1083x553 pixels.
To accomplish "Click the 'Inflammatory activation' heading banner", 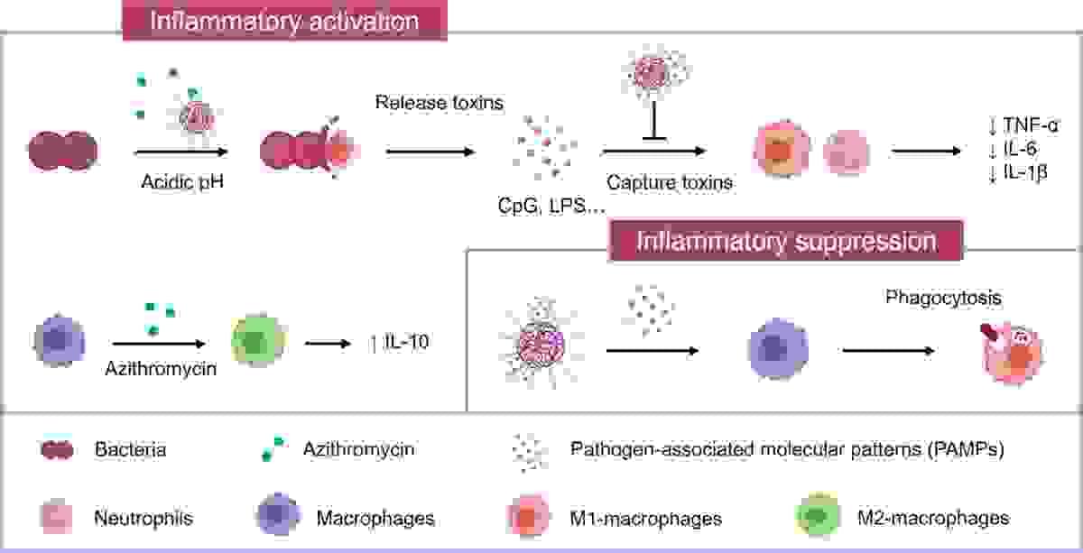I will pyautogui.click(x=285, y=20).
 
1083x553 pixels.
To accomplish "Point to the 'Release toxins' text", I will pyautogui.click(x=439, y=102).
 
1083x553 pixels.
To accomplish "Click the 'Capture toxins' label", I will pyautogui.click(x=670, y=181).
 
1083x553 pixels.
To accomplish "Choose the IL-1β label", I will pyautogui.click(x=1027, y=173).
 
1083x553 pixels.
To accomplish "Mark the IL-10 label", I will pyautogui.click(x=408, y=344).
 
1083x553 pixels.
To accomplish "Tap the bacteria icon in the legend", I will pyautogui.click(x=56, y=449).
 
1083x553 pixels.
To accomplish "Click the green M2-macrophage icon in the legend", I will pyautogui.click(x=816, y=518).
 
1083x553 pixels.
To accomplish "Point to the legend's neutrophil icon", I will pyautogui.click(x=56, y=518).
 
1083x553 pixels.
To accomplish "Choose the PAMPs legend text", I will pyautogui.click(x=787, y=448).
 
